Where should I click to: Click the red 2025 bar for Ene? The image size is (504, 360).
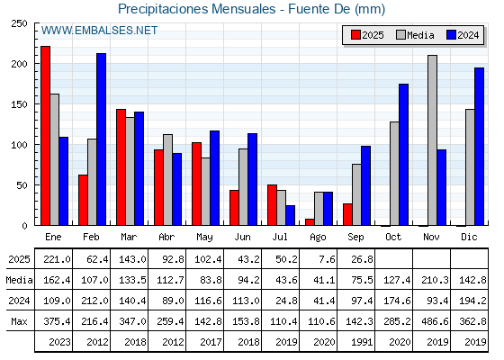click(45, 136)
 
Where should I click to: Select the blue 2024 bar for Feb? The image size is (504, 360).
click(101, 139)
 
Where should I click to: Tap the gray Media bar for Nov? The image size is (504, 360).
click(432, 140)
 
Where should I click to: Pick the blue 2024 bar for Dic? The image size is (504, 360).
click(479, 147)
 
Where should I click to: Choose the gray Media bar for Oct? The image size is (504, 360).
click(394, 174)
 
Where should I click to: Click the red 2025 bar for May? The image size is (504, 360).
click(196, 184)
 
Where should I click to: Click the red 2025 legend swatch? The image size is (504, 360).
click(355, 35)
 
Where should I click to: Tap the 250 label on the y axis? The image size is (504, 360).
click(19, 23)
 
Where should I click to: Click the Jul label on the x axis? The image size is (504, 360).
click(280, 237)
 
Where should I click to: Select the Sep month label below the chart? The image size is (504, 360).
click(355, 238)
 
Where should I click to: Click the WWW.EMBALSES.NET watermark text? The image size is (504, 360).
click(99, 31)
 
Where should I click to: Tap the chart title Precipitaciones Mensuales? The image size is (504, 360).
click(197, 9)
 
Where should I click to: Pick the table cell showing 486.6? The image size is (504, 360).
click(435, 321)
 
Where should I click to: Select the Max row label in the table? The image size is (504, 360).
click(19, 321)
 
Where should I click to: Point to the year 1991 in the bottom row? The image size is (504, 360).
click(362, 342)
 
